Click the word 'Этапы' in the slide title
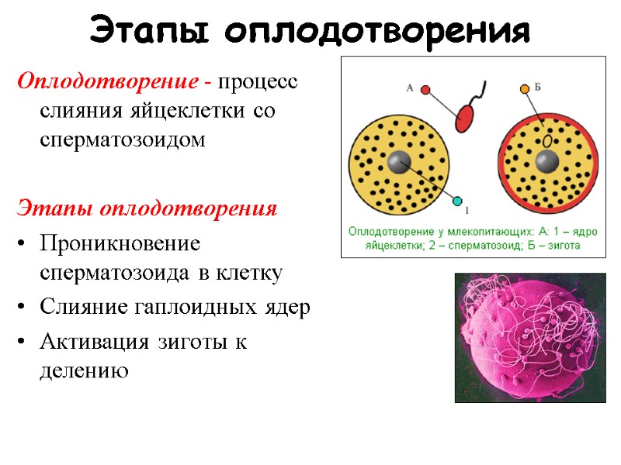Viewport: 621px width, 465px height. (151, 32)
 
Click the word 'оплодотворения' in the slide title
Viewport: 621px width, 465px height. (377, 32)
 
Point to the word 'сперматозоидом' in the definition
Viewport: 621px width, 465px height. (122, 139)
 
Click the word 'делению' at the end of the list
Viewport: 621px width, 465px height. (83, 371)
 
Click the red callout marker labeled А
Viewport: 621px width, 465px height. (425, 90)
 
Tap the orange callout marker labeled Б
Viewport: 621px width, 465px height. (524, 89)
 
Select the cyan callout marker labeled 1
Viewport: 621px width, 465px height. (457, 199)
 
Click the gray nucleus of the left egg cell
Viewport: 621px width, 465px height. (399, 163)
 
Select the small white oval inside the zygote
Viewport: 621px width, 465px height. (548, 141)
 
